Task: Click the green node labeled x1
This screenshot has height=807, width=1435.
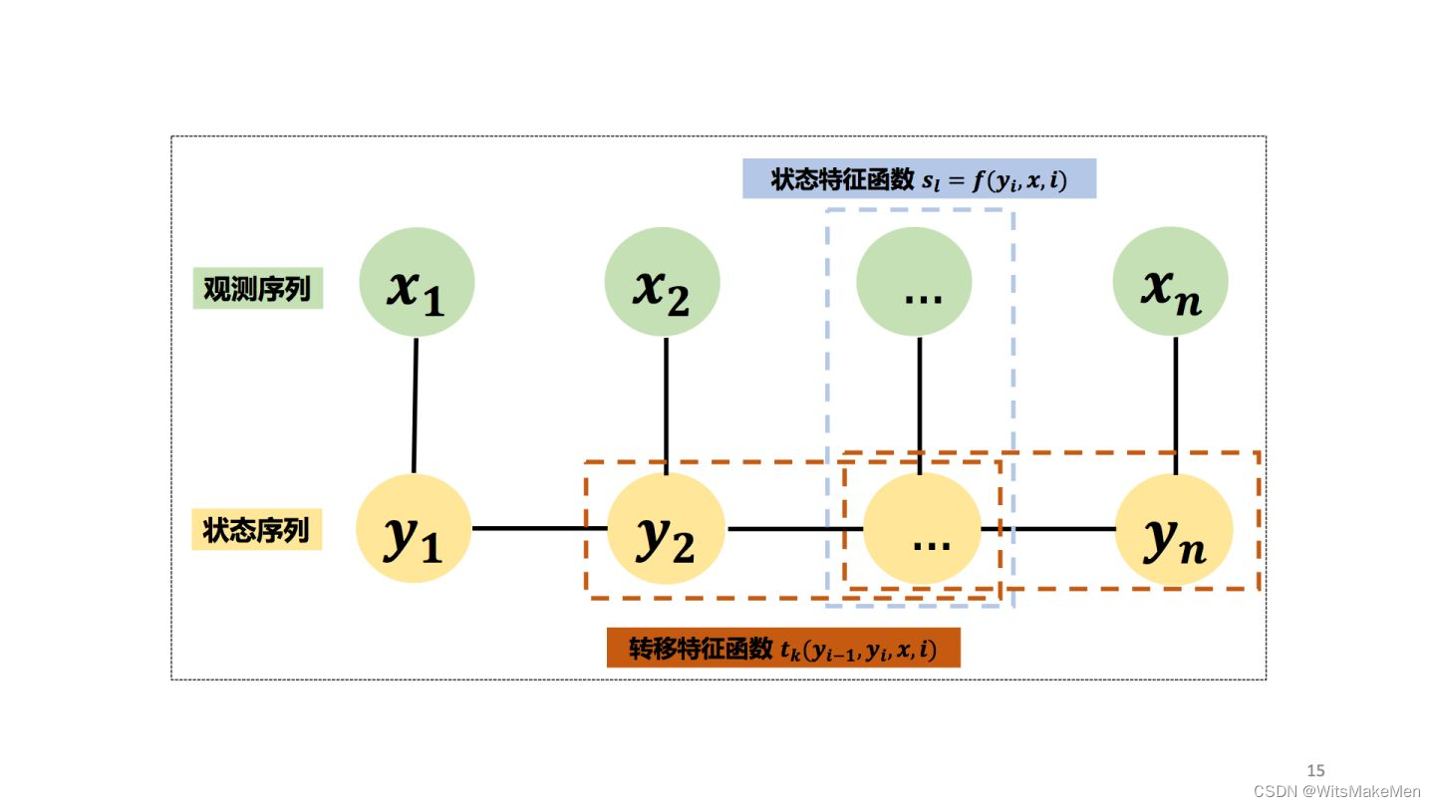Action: [x=417, y=282]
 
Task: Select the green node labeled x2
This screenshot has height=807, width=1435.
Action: [x=663, y=282]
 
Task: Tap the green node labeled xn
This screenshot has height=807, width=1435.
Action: [x=1170, y=282]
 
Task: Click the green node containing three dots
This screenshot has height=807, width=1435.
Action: [x=915, y=282]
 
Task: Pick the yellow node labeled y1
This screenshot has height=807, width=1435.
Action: [x=414, y=529]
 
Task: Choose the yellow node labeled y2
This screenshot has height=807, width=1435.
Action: [x=666, y=529]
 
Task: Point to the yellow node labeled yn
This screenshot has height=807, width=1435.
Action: [x=1174, y=529]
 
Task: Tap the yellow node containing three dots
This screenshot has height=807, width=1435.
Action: [x=922, y=529]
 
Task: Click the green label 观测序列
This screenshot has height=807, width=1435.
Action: [x=257, y=289]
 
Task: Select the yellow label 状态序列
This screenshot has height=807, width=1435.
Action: [x=256, y=530]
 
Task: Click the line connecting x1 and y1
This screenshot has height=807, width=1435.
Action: [x=415, y=405]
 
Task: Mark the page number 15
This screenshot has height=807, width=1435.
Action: [x=1315, y=770]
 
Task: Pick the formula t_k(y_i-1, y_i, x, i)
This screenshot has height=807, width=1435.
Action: [x=858, y=649]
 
